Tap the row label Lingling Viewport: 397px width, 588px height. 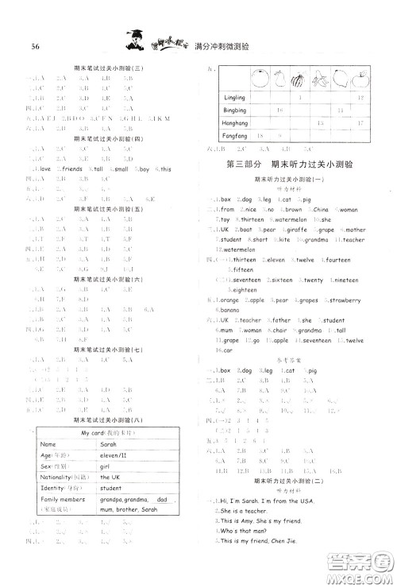236,96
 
